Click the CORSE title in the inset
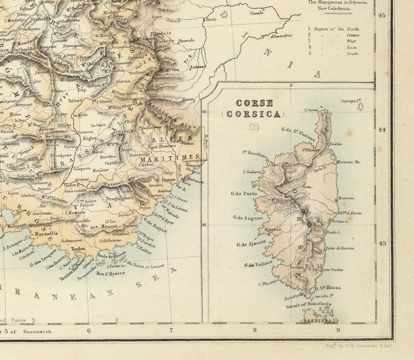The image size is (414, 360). click(254, 103)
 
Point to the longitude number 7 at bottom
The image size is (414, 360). click(171, 330)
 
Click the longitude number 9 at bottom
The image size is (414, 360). click(338, 330)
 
